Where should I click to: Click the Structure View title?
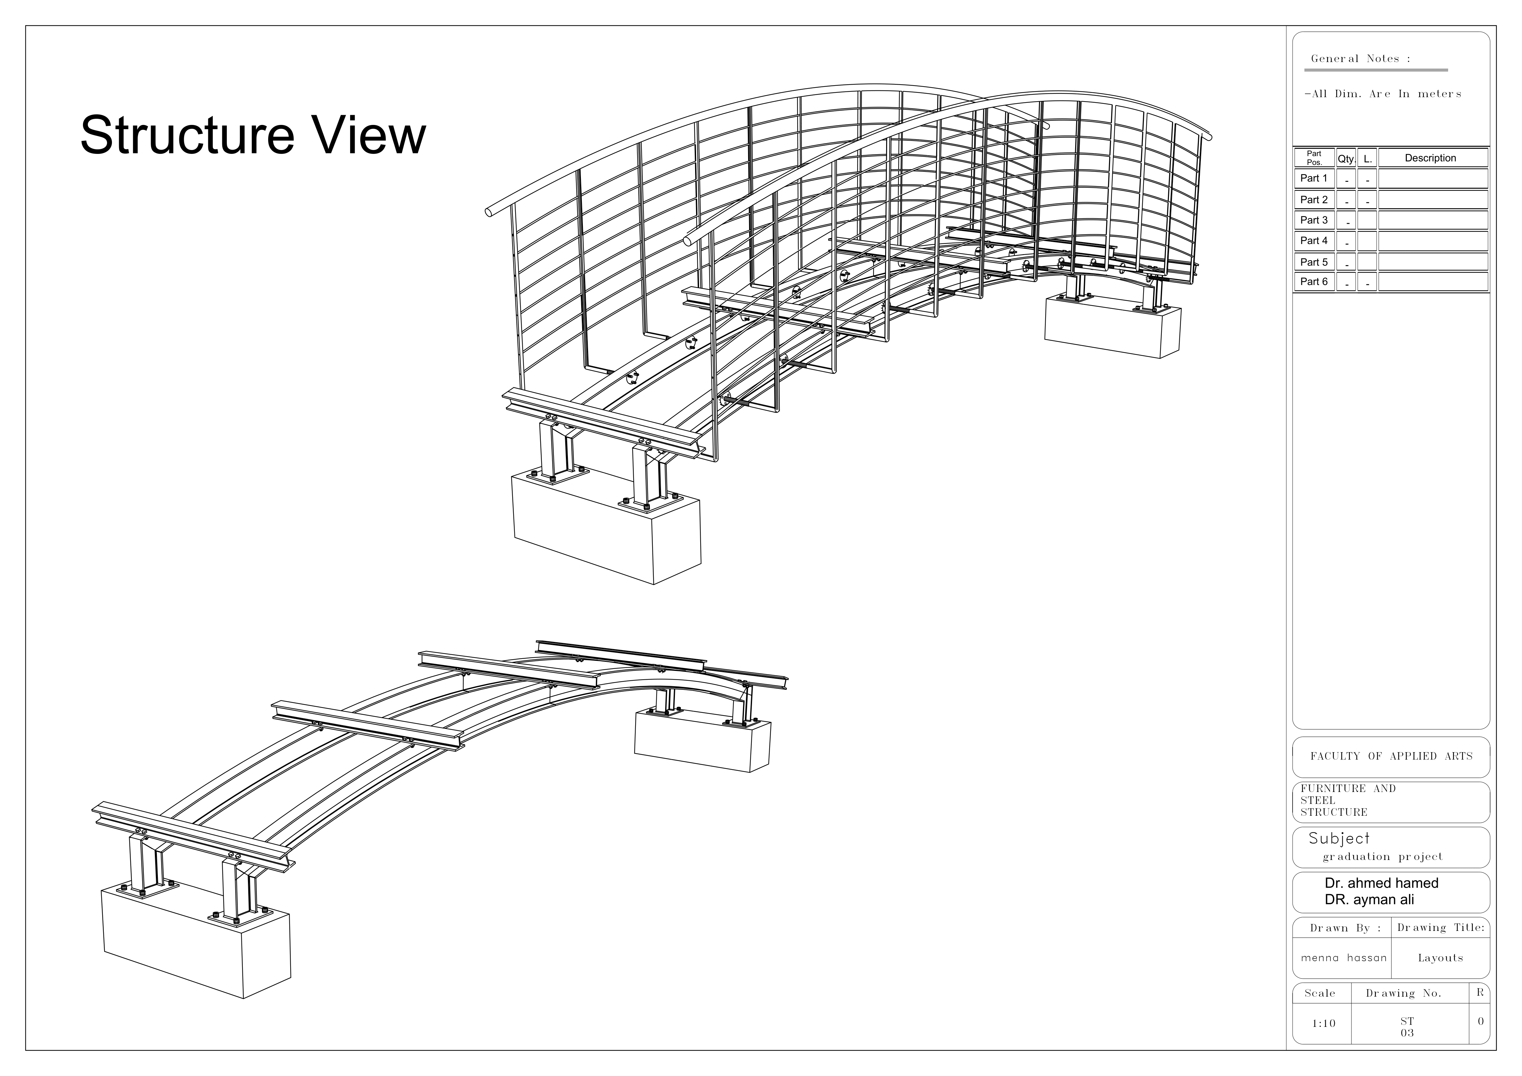[253, 136]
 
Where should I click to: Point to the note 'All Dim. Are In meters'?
[1383, 94]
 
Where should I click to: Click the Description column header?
[1431, 158]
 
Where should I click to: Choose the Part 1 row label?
[1314, 178]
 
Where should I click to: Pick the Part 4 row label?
[1314, 241]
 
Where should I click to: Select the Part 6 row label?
[1314, 282]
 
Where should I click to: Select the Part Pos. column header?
[1314, 158]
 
